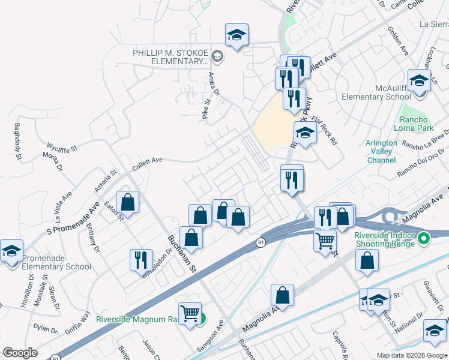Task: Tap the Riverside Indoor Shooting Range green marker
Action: coord(425,239)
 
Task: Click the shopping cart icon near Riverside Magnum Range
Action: coord(190,313)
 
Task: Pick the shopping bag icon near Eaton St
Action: coord(128,202)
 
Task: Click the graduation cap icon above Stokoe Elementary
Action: coord(237,35)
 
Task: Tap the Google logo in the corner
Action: coord(20,352)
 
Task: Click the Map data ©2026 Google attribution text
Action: coord(412,355)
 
